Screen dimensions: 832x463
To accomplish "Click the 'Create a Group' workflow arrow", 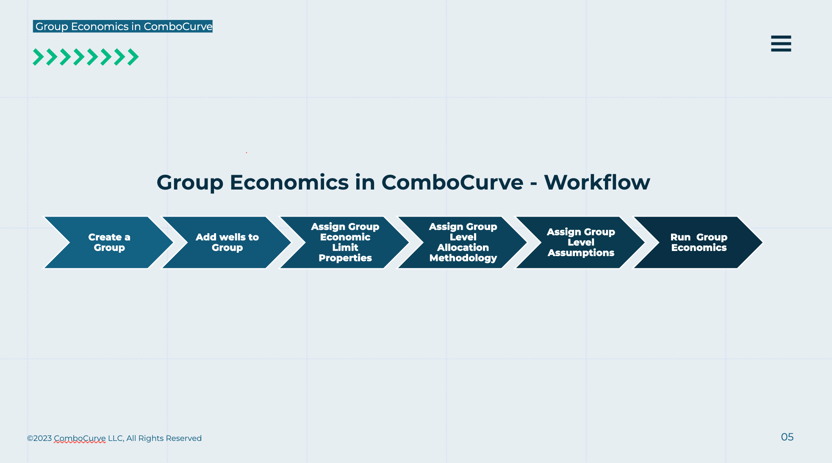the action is [109, 243].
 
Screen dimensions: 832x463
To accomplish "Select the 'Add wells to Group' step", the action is [227, 243].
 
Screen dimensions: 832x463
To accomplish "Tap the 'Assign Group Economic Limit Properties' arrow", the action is [345, 243].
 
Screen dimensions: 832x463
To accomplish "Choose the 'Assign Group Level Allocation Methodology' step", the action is [463, 243].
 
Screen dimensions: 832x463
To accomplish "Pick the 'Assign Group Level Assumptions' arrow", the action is [581, 243].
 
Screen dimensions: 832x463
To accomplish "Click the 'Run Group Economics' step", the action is [699, 243].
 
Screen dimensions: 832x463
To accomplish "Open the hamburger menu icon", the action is [781, 44].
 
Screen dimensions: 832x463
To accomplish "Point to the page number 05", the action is [787, 437].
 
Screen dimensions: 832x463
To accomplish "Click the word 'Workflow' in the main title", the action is [597, 182].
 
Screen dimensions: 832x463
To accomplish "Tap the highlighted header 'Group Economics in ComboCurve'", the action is [123, 26].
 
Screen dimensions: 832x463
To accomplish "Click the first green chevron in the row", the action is [38, 57].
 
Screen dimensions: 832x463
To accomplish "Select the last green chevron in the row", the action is [133, 57].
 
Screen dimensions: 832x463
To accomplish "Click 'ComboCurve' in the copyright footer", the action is [80, 438].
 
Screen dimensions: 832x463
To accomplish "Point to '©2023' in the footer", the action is [39, 438].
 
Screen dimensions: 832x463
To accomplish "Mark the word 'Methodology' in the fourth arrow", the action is [463, 258].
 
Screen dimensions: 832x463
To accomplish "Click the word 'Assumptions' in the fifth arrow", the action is [581, 253].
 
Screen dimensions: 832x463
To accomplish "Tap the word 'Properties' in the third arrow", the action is [345, 258].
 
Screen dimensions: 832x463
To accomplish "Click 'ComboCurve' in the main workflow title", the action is [452, 182].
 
